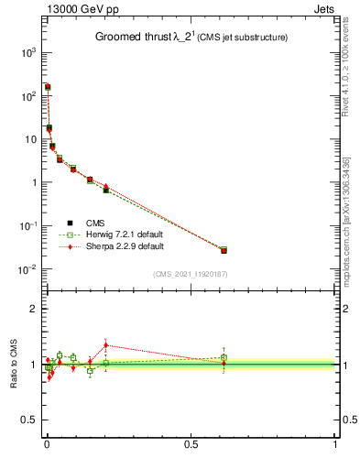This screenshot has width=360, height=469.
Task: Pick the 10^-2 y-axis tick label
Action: [x=25, y=269]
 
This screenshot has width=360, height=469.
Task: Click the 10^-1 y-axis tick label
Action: [x=25, y=226]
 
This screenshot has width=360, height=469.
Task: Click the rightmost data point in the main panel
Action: [x=224, y=250]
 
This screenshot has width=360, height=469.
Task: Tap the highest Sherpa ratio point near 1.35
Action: [x=106, y=345]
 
